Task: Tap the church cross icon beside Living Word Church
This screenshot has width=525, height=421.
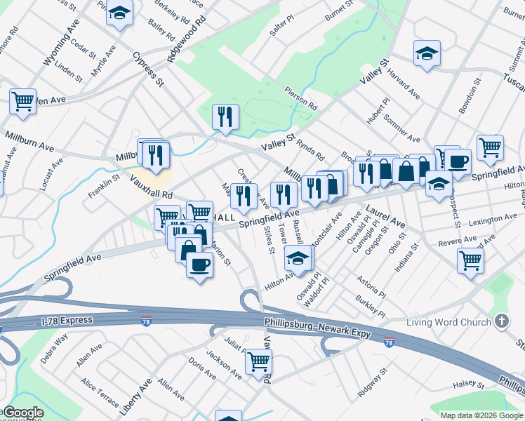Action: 501,322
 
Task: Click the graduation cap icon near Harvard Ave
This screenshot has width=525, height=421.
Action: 426,53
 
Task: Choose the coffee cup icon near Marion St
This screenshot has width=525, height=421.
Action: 200,265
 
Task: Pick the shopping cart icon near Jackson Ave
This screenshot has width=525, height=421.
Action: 258,361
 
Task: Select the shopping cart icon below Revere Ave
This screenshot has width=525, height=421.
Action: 470,260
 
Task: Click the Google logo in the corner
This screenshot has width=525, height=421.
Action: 23,413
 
